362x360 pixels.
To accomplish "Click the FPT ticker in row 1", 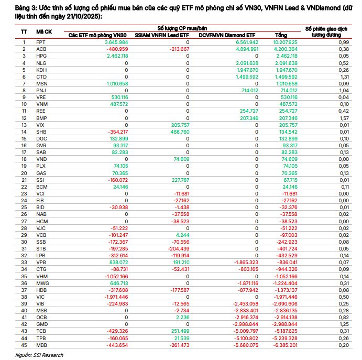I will (x=41, y=41).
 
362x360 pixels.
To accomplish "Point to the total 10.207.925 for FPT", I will (x=286, y=41).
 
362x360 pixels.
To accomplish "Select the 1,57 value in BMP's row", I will (x=344, y=118).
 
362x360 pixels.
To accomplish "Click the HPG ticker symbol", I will (x=41, y=56).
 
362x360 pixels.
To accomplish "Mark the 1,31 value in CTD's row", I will (x=344, y=77).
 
